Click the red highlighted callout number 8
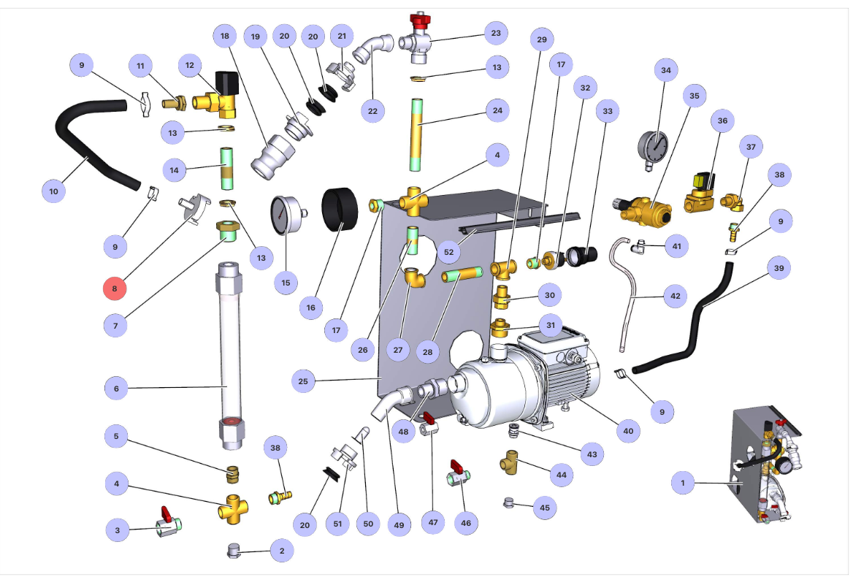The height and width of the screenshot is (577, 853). [x=115, y=288]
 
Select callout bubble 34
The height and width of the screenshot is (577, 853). [x=665, y=71]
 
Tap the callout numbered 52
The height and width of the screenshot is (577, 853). [x=449, y=251]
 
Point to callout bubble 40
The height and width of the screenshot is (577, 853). [x=627, y=431]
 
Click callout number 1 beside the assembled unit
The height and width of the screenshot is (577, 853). [x=683, y=483]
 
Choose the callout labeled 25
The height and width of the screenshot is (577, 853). [x=303, y=381]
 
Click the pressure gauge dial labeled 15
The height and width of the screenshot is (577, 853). [x=285, y=215]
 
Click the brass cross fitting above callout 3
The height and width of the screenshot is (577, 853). [x=232, y=505]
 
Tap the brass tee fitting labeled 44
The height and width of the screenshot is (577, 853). [x=512, y=462]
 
